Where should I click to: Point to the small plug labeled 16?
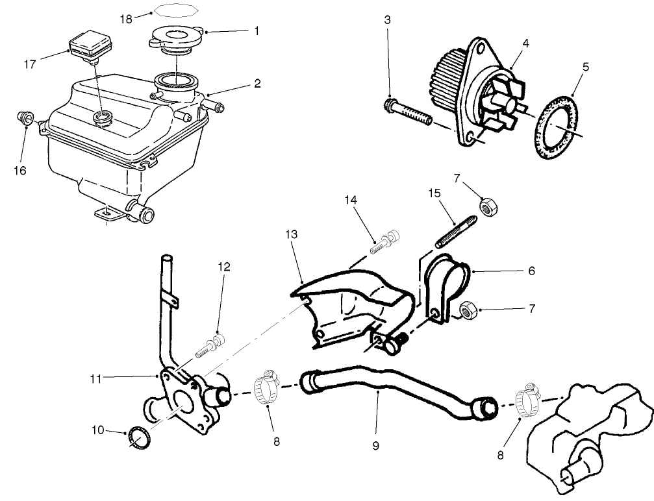(25, 118)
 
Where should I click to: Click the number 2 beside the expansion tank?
(257, 84)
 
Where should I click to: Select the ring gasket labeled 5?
(557, 127)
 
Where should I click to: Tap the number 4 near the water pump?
(525, 44)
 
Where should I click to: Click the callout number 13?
(292, 234)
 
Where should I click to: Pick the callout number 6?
(531, 271)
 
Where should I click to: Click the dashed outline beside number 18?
(172, 12)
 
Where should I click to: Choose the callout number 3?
(387, 19)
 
